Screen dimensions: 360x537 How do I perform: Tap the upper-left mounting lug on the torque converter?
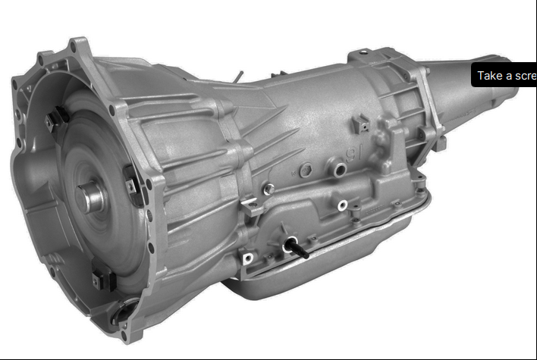pyautogui.click(x=55, y=119)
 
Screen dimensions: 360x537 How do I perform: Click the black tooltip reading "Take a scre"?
pyautogui.click(x=504, y=76)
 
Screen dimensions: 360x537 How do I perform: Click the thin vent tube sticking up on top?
pyautogui.click(x=238, y=76)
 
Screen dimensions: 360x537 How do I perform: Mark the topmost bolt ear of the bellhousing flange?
pyautogui.click(x=76, y=44)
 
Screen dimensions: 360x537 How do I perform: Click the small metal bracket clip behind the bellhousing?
pyautogui.click(x=250, y=204)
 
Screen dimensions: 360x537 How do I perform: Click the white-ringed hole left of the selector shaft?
pyautogui.click(x=247, y=258)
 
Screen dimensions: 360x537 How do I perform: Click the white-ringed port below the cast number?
pyautogui.click(x=343, y=204)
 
